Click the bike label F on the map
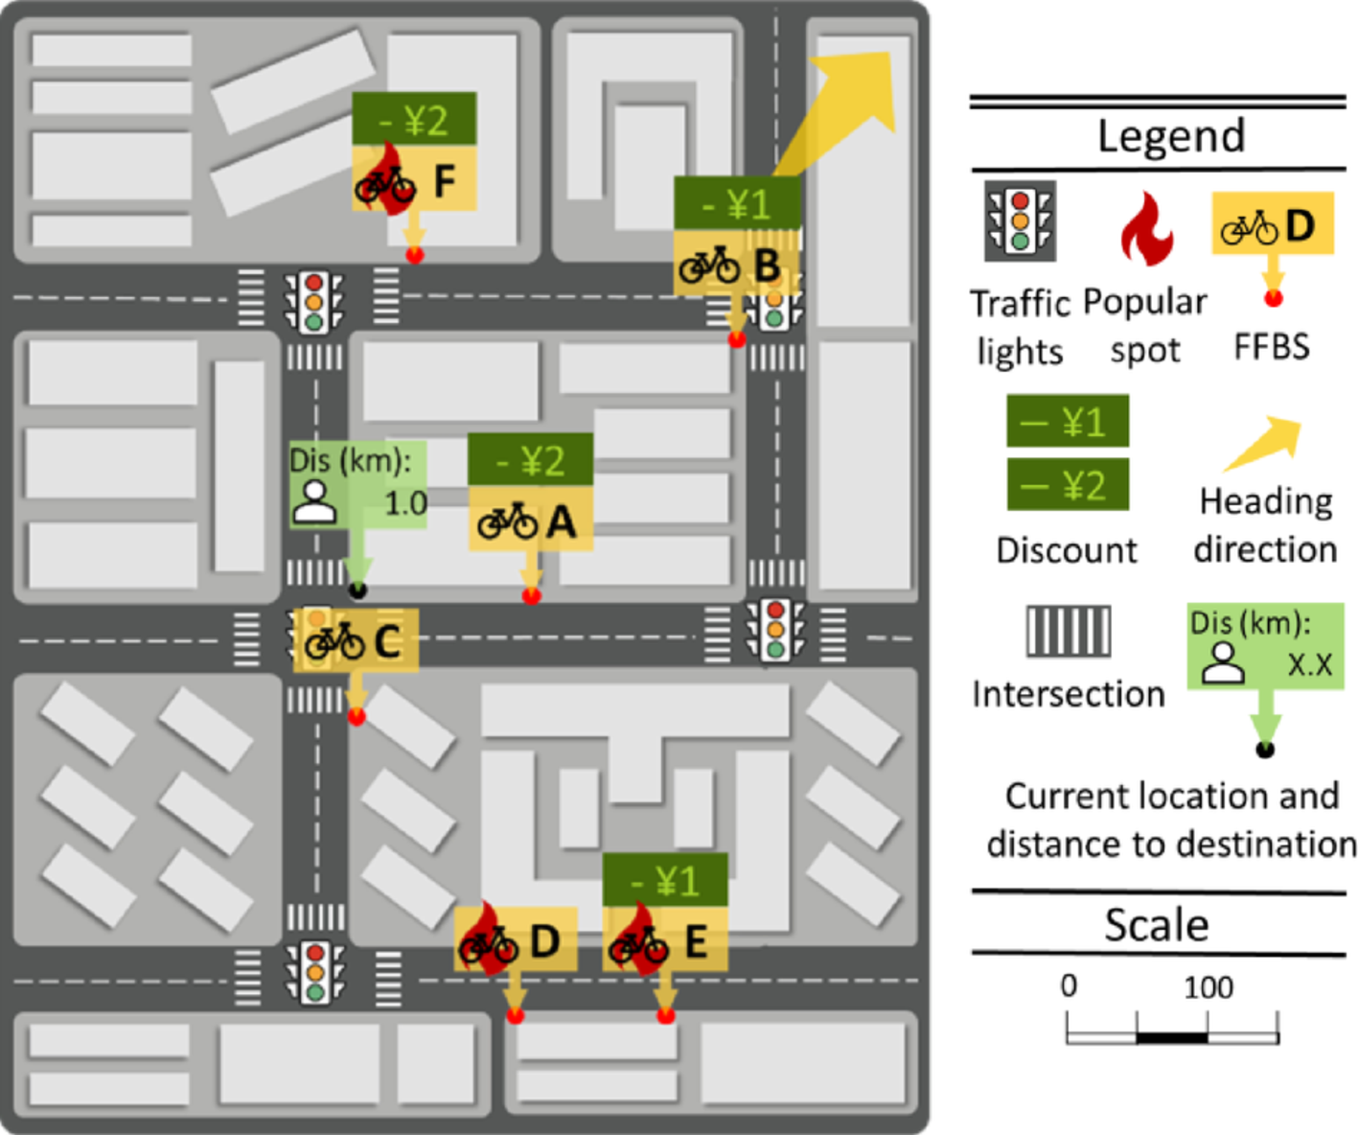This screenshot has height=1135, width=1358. click(414, 179)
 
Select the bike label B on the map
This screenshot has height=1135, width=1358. click(735, 264)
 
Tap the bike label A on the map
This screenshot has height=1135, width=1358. click(530, 521)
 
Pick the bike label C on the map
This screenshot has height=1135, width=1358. click(356, 640)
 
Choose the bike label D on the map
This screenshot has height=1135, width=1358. click(515, 940)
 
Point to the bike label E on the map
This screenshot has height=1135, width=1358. click(664, 940)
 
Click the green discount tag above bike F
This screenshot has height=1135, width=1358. click(414, 120)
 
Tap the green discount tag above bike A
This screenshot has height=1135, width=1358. click(530, 460)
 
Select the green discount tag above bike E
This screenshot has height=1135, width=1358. click(664, 880)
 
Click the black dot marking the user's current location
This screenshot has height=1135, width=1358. click(357, 589)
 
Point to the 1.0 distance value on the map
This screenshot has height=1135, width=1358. click(404, 502)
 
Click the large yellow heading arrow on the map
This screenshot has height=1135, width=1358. click(843, 105)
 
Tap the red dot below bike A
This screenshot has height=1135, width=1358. click(532, 596)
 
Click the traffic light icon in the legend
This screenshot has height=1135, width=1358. click(1020, 221)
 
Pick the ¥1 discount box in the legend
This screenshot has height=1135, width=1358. click(1067, 421)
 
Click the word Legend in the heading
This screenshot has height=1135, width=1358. click(1170, 136)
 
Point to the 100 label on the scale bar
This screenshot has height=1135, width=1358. click(1208, 986)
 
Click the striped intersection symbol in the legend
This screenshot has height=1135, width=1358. click(1068, 631)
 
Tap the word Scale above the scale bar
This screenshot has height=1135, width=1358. click(1156, 925)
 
